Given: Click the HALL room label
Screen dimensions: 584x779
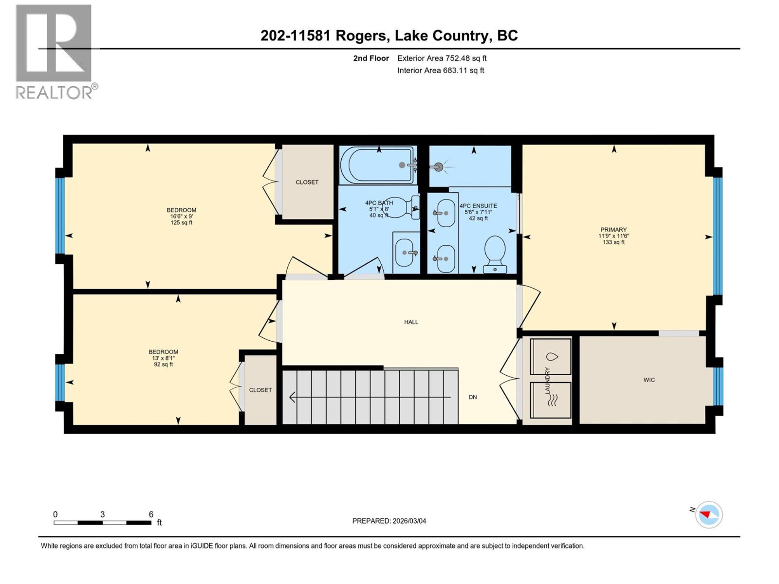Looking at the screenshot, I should tap(411, 322).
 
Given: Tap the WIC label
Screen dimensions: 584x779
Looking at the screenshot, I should tap(649, 380).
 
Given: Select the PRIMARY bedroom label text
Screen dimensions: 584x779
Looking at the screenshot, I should tap(613, 230).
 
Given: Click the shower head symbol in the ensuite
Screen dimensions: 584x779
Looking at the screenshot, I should tap(439, 167).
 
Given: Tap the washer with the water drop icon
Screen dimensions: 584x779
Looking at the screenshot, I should tap(551, 356).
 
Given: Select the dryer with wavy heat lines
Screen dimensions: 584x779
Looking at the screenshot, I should tap(551, 400).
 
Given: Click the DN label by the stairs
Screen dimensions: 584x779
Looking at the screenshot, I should tap(472, 397).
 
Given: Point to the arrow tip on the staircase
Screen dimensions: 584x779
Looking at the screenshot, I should tap(291, 398).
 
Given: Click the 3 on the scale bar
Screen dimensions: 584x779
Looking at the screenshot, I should tap(102, 514).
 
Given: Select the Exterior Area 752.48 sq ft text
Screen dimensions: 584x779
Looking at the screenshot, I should tap(442, 58).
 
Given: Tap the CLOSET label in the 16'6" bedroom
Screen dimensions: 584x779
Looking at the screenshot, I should tap(307, 182).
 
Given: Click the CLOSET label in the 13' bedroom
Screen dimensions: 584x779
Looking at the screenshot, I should tap(260, 390).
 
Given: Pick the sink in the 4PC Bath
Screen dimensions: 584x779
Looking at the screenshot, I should tap(405, 253).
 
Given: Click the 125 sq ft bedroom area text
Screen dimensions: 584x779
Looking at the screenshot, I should tap(181, 223).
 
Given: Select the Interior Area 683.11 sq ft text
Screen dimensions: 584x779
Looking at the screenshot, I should tap(441, 70).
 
